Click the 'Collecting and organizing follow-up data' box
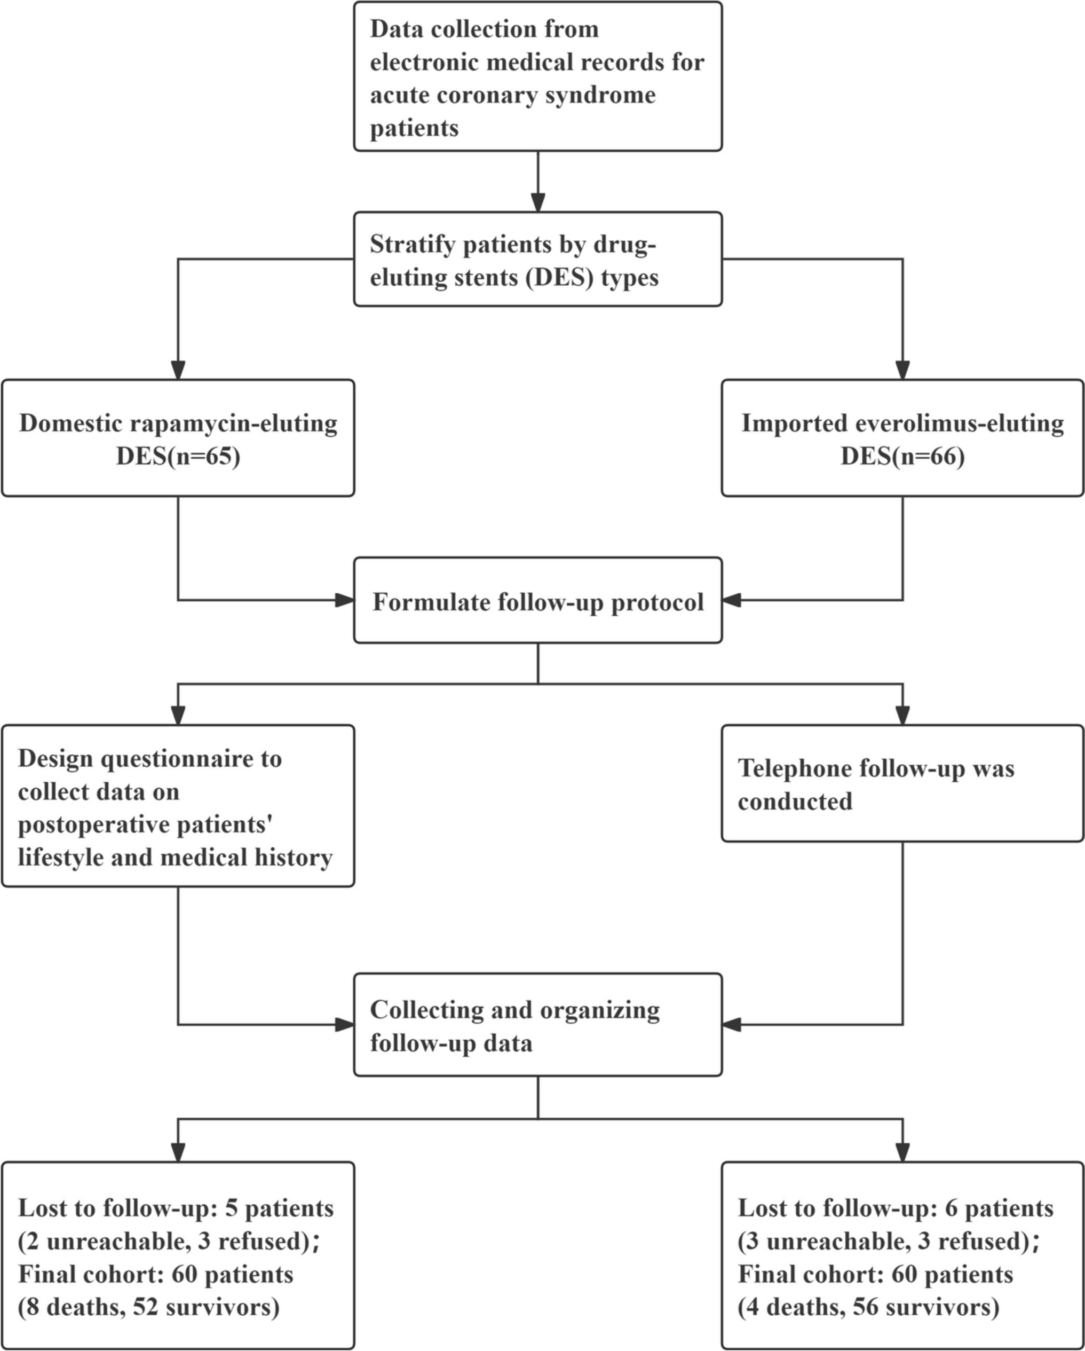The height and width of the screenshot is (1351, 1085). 537,1026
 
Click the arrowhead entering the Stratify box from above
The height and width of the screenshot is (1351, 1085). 538,202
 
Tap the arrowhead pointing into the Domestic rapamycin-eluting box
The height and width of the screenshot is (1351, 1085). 179,370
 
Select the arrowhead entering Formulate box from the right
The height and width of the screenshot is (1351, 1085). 732,600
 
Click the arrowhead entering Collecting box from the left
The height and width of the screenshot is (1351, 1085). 344,1025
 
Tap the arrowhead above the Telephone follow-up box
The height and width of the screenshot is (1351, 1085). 902,715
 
